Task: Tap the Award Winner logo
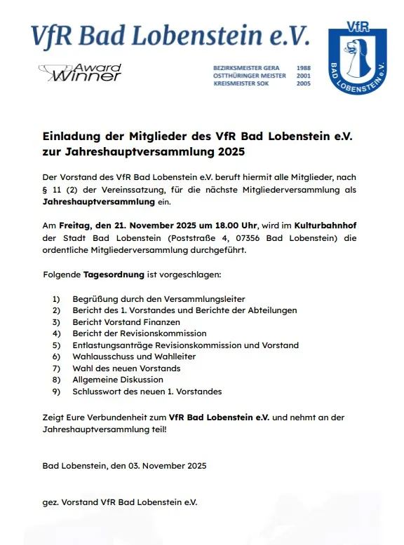pyautogui.click(x=80, y=72)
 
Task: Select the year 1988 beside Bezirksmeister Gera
pyautogui.click(x=304, y=68)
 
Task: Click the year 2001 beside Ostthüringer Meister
pyautogui.click(x=304, y=76)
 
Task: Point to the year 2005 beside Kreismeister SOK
pyautogui.click(x=304, y=83)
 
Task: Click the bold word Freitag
pyautogui.click(x=73, y=226)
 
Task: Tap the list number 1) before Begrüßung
pyautogui.click(x=57, y=299)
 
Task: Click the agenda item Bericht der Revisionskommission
pyautogui.click(x=140, y=333)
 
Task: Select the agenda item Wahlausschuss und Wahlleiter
pyautogui.click(x=134, y=357)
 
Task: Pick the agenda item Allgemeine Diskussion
pyautogui.click(x=117, y=380)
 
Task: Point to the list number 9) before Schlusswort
pyautogui.click(x=57, y=391)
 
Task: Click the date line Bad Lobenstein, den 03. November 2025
pyautogui.click(x=124, y=465)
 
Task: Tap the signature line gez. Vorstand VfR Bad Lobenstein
pyautogui.click(x=119, y=502)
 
